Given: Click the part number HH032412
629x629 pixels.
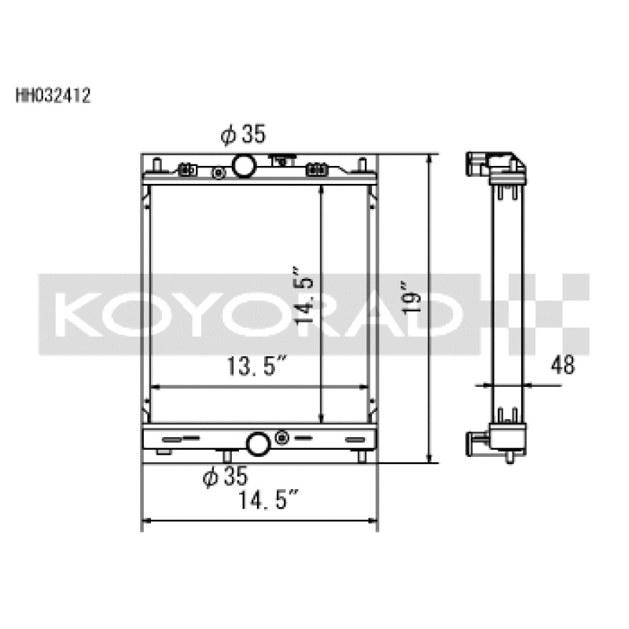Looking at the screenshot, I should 53,96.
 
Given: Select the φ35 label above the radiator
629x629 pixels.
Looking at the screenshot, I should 244,135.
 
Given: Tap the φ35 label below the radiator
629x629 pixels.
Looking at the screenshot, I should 225,476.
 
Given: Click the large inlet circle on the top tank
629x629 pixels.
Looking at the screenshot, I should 244,166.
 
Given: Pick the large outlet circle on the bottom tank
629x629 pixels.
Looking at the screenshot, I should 258,444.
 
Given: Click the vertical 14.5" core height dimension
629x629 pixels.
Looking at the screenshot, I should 305,300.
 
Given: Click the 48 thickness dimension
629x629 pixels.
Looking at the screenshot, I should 563,365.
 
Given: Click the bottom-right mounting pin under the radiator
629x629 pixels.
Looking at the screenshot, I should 362,457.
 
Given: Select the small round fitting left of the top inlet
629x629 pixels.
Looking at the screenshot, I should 215,171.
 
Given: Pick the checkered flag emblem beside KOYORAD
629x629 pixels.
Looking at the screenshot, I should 543,312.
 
